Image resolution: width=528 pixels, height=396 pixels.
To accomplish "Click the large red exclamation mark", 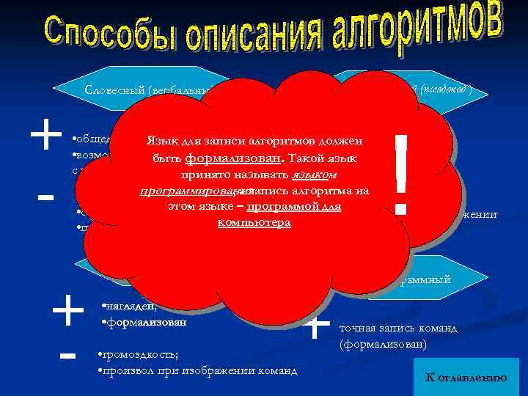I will [x=400, y=175].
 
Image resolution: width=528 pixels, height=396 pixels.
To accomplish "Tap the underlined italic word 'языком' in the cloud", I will [x=315, y=176].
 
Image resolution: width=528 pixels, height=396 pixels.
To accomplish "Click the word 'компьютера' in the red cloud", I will [x=254, y=221].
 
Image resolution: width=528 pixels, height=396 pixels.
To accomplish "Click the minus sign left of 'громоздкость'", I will [x=67, y=356].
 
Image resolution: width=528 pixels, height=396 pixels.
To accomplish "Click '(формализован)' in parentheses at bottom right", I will [x=382, y=342].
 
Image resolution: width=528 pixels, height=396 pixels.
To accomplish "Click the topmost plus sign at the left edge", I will [x=45, y=136].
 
